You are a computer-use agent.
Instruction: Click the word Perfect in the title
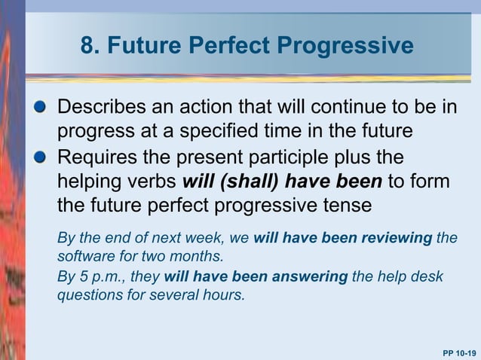click(x=231, y=47)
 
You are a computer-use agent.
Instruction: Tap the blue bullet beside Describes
click(x=47, y=107)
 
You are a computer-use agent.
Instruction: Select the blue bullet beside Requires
click(x=47, y=157)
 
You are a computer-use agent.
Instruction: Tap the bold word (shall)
click(x=250, y=182)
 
